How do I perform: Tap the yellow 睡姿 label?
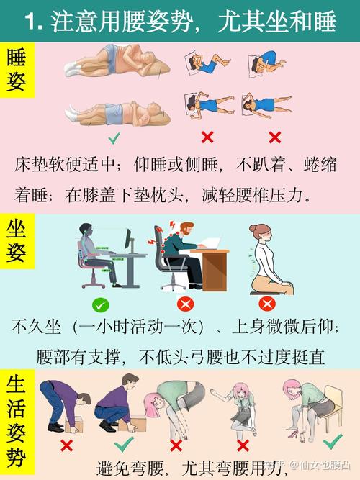point(17,71)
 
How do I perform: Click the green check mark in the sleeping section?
point(114,137)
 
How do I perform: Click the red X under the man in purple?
point(66,445)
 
